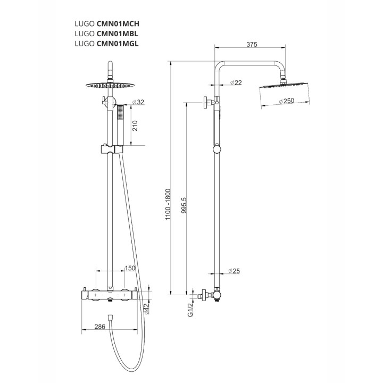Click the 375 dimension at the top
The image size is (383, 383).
pos(253,45)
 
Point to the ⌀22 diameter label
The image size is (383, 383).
pos(236,83)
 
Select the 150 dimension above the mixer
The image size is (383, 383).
pos(130,269)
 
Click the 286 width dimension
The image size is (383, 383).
pos(99,327)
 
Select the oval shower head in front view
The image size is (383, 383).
pos(110,85)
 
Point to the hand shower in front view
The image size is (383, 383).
pos(121,125)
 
